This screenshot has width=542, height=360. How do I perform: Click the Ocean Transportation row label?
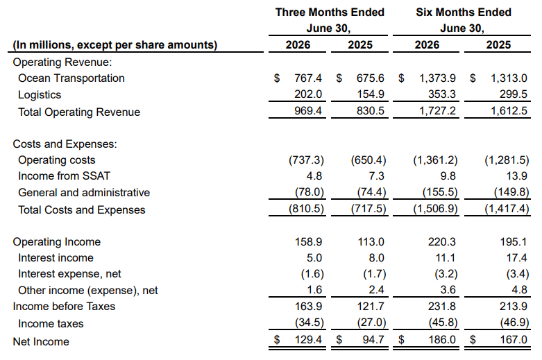pyautogui.click(x=71, y=78)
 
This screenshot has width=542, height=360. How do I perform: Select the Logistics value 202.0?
pyautogui.click(x=308, y=94)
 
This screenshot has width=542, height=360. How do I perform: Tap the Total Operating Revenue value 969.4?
pyautogui.click(x=308, y=111)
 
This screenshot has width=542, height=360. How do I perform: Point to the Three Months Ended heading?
pyautogui.click(x=330, y=12)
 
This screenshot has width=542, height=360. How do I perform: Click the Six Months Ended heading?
pyautogui.click(x=464, y=12)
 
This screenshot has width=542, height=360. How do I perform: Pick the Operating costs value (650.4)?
pyautogui.click(x=369, y=160)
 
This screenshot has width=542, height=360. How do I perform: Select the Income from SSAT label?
pyautogui.click(x=64, y=176)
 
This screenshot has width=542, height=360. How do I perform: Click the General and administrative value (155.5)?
pyautogui.click(x=440, y=192)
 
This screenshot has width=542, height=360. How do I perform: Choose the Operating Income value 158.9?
pyautogui.click(x=308, y=242)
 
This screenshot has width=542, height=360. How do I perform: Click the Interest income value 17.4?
pyautogui.click(x=517, y=258)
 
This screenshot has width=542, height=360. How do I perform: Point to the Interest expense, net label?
pyautogui.click(x=69, y=274)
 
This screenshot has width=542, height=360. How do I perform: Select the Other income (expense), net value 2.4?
pyautogui.click(x=376, y=290)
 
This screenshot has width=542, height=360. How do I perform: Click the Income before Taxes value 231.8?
pyautogui.click(x=442, y=307)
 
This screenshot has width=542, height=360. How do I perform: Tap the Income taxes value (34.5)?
pyautogui.click(x=310, y=323)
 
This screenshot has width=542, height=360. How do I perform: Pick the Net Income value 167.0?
pyautogui.click(x=514, y=340)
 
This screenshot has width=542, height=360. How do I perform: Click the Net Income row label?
pyautogui.click(x=41, y=342)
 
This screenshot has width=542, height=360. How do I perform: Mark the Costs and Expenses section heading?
pyautogui.click(x=65, y=144)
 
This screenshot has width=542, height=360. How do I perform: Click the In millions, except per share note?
pyautogui.click(x=115, y=45)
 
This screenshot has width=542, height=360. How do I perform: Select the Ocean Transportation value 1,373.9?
pyautogui.click(x=438, y=78)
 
